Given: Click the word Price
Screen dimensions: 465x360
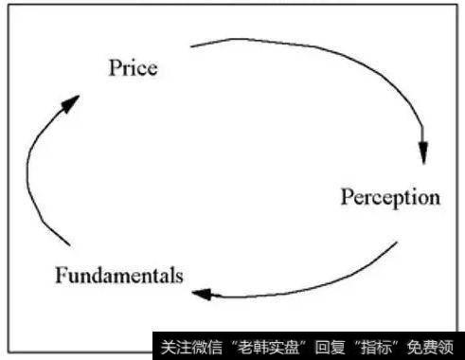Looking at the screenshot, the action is (x=133, y=68).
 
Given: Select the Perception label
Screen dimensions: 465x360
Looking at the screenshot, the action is (x=389, y=198).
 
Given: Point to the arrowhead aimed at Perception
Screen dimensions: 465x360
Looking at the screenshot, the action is (x=423, y=153).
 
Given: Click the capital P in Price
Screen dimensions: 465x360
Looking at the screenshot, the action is (x=115, y=68).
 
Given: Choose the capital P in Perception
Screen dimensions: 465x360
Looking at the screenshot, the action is (x=346, y=198).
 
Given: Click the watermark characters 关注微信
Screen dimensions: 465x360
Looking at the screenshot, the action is (x=183, y=345).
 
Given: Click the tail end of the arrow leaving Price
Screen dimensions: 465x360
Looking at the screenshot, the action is (x=192, y=45).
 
